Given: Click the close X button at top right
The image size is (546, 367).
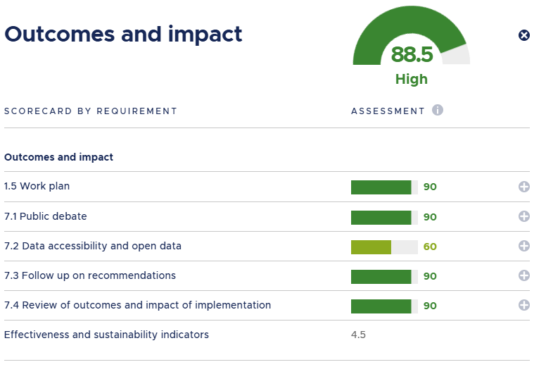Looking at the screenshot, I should pos(523,35).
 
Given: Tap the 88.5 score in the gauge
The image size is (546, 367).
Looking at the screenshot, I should pos(412,54).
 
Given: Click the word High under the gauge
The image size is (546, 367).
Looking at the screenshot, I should pos(412,79).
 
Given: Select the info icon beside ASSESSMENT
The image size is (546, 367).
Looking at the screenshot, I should pos(438,111).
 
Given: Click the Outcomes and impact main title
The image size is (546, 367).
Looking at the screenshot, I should pos(123,33).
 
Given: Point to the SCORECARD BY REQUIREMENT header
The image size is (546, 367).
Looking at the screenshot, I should pos(91,111).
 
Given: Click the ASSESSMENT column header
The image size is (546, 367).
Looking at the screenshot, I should pos(388,111).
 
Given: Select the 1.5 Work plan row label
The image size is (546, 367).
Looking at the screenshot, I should pos(37,187).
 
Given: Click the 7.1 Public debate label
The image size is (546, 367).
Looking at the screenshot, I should pos(46,216).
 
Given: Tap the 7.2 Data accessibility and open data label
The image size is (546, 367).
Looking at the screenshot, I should pos(93,246).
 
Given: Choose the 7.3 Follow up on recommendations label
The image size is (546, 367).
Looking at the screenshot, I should pos(90,275).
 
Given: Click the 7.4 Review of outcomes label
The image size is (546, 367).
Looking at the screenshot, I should pos(137,305).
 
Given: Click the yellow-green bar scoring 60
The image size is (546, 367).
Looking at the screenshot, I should pos(372,247).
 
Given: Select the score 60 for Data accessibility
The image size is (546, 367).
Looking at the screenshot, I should pos(430,247).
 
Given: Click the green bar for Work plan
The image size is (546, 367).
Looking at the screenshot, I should pos(381,187).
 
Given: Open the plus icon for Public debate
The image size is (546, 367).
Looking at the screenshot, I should pos(523,217).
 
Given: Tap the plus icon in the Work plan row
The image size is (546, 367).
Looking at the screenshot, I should pos(523,187).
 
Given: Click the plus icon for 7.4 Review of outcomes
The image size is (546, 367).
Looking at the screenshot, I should pos(523,306).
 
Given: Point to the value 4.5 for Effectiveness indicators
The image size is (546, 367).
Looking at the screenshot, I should pos(358,335).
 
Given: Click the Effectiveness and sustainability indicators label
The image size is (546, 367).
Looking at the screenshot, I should pos(106,335).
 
